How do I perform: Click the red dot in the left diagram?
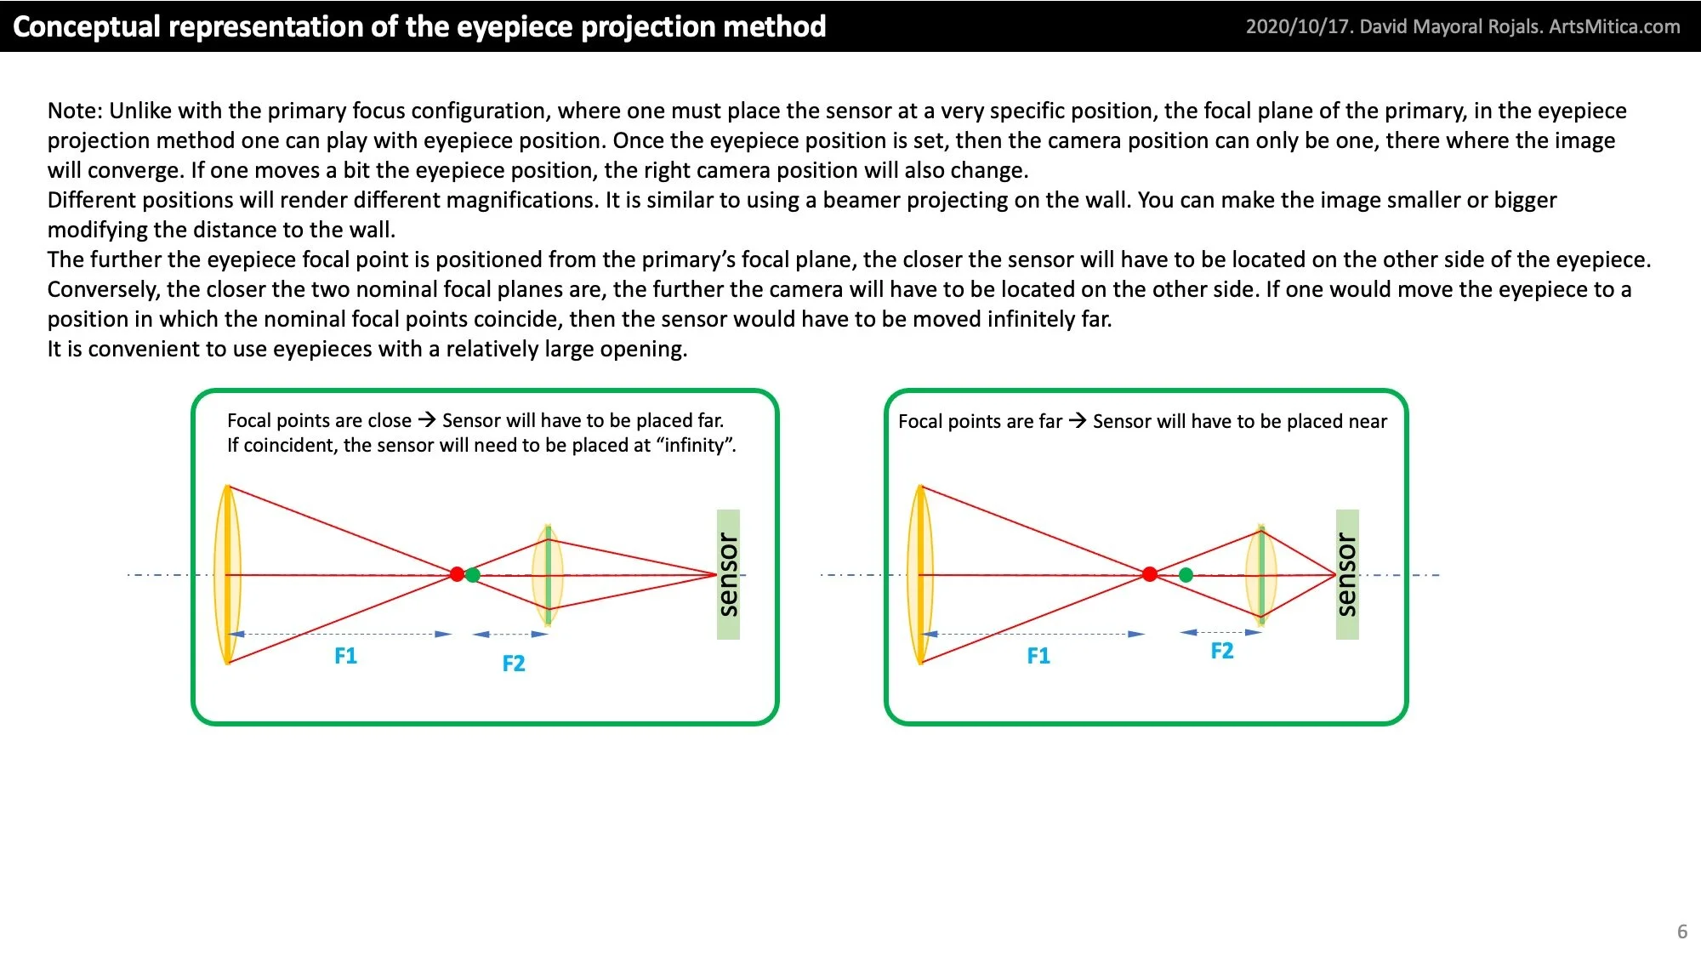[x=457, y=574]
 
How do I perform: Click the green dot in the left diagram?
[x=473, y=575]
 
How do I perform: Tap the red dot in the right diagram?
[x=1150, y=574]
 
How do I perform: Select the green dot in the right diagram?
[x=1186, y=575]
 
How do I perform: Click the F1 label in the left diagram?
[x=345, y=656]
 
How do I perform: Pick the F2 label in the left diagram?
[x=513, y=664]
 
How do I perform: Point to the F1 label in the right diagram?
[x=1038, y=656]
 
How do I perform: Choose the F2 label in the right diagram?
[x=1221, y=651]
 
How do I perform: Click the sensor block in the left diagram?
[x=728, y=574]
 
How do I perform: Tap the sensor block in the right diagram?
[x=1347, y=574]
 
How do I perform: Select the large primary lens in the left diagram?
[x=227, y=574]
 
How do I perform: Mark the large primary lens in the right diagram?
[x=920, y=574]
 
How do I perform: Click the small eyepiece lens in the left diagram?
[x=548, y=575]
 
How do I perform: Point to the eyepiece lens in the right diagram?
[x=1260, y=575]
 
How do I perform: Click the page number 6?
[x=1681, y=931]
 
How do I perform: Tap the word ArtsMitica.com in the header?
[x=1614, y=26]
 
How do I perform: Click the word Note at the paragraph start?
[x=75, y=111]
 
